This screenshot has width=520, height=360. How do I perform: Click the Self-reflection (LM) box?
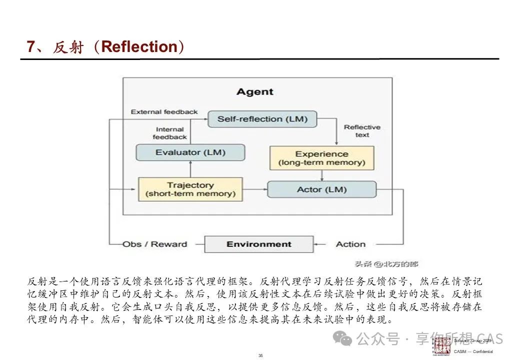(x=262, y=119)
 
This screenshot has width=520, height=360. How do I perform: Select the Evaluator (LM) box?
(x=190, y=152)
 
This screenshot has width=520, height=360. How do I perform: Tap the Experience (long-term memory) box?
(x=321, y=158)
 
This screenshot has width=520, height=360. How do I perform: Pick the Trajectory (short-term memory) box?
(x=190, y=189)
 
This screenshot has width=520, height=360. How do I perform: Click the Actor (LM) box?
(x=321, y=189)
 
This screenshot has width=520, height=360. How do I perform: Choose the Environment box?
(x=258, y=244)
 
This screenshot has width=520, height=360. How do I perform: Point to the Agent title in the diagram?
(x=255, y=92)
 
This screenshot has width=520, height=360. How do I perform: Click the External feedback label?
(x=164, y=112)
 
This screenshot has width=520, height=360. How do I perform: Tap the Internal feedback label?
(x=169, y=133)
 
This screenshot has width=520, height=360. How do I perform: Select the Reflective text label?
(x=362, y=131)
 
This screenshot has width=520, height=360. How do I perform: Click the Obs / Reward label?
(x=155, y=244)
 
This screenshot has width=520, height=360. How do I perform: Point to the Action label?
(x=350, y=244)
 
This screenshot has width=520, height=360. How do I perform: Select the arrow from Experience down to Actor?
(x=322, y=175)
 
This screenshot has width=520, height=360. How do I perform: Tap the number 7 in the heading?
(x=31, y=47)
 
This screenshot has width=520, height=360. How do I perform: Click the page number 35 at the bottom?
(x=260, y=355)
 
